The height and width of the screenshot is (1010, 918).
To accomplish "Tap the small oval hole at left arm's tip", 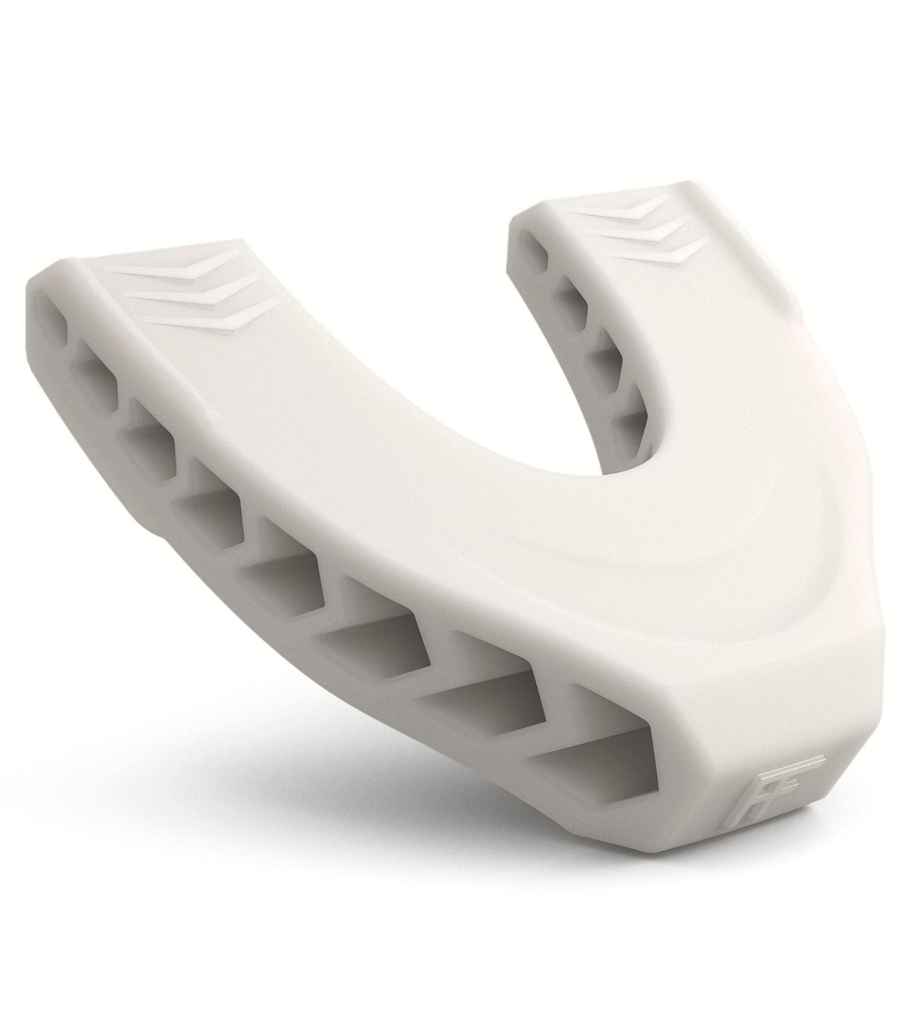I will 53,318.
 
